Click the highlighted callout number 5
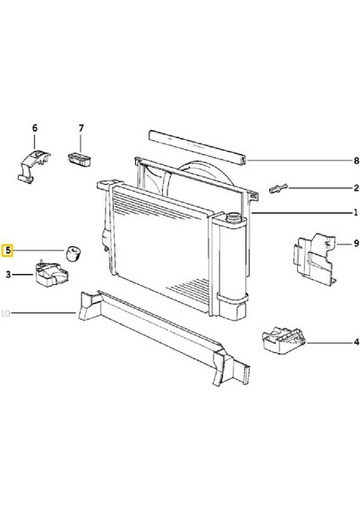8,250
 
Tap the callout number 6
35,128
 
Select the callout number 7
82,128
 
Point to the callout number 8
357,160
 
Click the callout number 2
357,188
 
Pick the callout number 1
356,213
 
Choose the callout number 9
357,243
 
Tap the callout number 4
357,342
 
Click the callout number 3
8,275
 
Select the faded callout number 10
6,313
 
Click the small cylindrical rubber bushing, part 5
74,254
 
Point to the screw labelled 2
278,188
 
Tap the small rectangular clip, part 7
80,159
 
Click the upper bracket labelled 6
33,165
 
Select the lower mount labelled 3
52,274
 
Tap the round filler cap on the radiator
233,217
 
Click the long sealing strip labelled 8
198,146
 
